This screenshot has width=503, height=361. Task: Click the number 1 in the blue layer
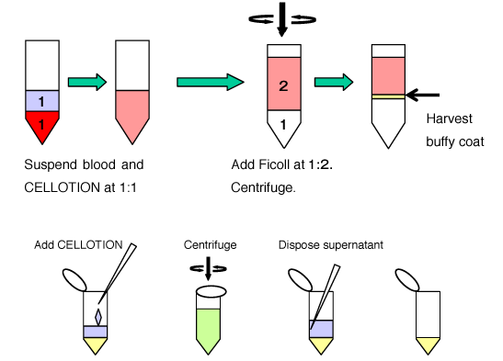(x=41, y=102)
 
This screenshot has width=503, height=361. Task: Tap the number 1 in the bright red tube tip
(x=41, y=124)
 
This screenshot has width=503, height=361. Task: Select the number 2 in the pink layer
(x=283, y=85)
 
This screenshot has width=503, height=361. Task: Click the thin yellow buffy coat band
(x=388, y=96)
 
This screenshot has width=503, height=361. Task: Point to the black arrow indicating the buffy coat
(x=422, y=95)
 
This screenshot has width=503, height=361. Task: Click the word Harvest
(x=449, y=118)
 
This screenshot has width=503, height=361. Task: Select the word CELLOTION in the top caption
(x=63, y=187)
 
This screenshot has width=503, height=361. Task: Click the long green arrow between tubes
(x=210, y=82)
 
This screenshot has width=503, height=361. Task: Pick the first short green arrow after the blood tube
(x=87, y=82)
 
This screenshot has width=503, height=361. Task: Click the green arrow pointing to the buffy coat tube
(x=334, y=82)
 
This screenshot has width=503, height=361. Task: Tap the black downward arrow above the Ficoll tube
(x=282, y=19)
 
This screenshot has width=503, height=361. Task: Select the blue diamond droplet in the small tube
(x=98, y=317)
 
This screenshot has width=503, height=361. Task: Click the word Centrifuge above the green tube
(x=210, y=245)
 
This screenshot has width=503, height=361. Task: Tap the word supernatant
(x=353, y=245)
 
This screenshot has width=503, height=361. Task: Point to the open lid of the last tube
(x=406, y=280)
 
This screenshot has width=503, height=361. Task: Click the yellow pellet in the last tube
(x=428, y=344)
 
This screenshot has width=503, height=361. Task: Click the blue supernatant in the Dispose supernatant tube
(x=321, y=329)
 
